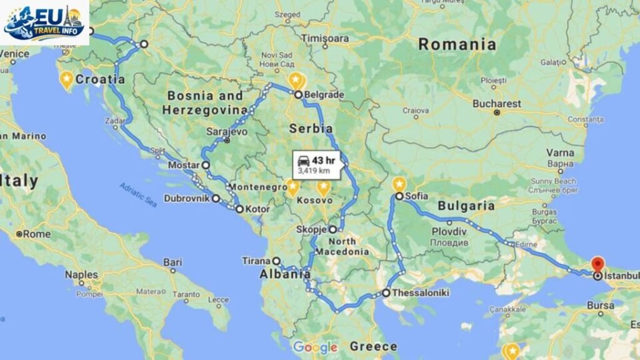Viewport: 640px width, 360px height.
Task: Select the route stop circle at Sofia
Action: [399, 196]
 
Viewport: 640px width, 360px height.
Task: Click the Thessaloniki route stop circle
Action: [386, 292]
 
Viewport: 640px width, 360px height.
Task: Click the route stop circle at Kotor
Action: [239, 209]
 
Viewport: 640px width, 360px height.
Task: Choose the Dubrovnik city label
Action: [186, 199]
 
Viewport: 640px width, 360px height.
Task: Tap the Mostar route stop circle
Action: [205, 165]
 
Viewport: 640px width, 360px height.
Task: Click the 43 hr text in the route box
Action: [324, 159]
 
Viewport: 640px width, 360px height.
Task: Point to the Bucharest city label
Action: [496, 103]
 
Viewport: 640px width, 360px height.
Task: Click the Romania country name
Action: [457, 44]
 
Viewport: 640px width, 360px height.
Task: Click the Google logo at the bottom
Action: [315, 347]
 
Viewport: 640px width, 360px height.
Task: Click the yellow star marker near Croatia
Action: [66, 80]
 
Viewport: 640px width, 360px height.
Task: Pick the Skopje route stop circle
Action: [333, 229]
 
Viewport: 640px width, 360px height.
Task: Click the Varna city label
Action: [560, 152]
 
